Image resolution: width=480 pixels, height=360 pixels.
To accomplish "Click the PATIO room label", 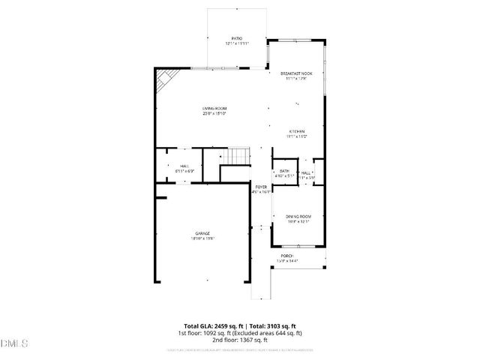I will pyautogui.click(x=236, y=38).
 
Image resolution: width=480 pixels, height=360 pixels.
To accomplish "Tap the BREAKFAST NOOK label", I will pyautogui.click(x=296, y=73).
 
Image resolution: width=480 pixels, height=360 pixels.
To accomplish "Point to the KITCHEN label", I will pyautogui.click(x=296, y=131).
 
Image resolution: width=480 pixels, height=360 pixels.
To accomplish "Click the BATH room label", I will pyautogui.click(x=284, y=171).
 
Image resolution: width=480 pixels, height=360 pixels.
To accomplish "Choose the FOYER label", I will pyautogui.click(x=261, y=187).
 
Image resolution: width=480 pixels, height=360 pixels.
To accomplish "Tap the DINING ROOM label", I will pyautogui.click(x=298, y=217).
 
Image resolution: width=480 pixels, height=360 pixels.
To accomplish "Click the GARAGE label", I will pyautogui.click(x=201, y=233).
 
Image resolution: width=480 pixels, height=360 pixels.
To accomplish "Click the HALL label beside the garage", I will pyautogui.click(x=184, y=166).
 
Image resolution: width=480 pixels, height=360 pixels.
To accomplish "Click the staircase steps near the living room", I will pyautogui.click(x=239, y=156).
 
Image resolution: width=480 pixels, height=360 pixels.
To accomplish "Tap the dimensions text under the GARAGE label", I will pyautogui.click(x=201, y=238).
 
